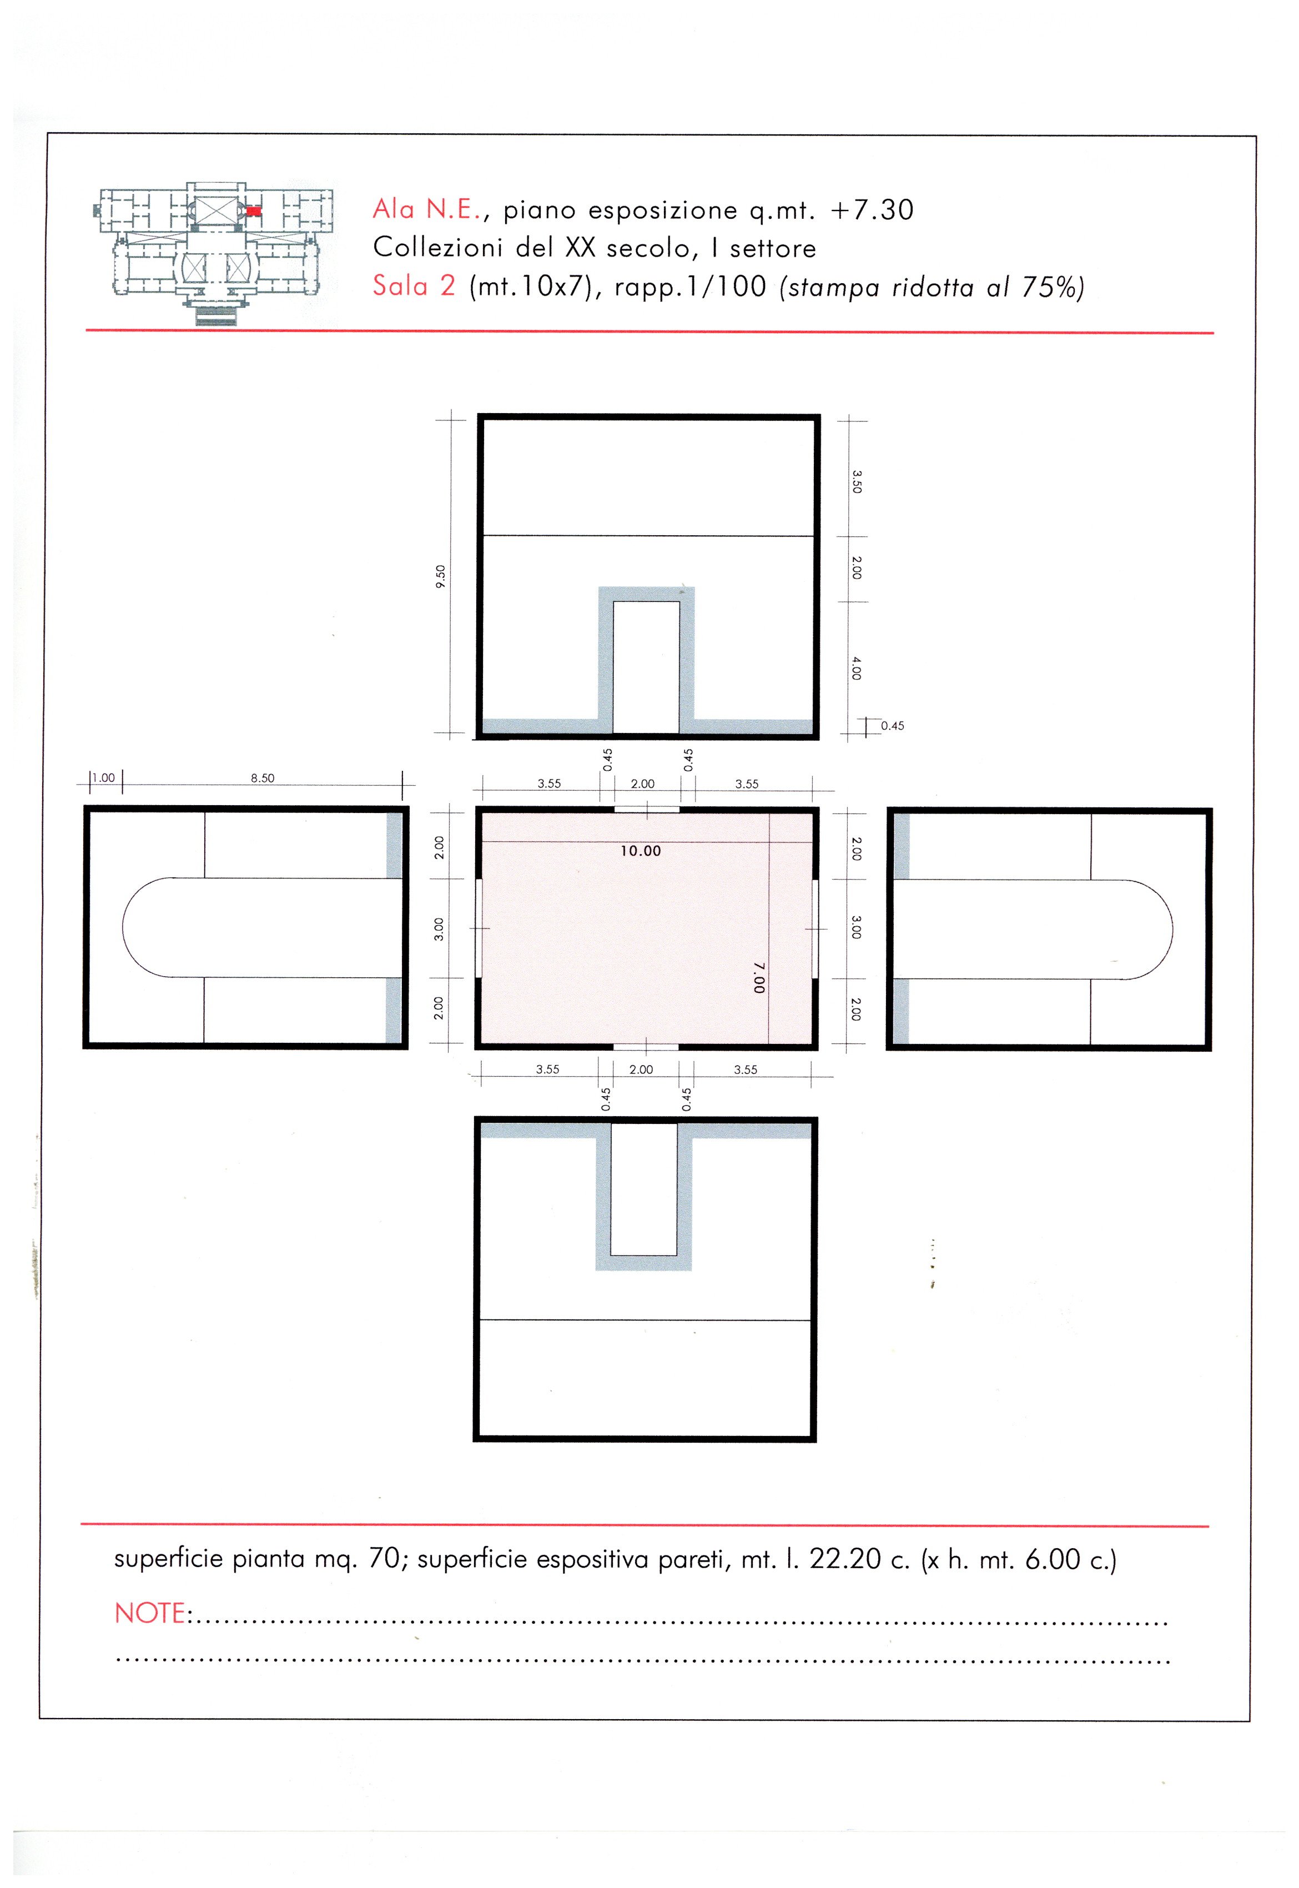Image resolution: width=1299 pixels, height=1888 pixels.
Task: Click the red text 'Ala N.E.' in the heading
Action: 426,209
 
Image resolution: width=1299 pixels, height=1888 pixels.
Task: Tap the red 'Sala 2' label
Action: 414,286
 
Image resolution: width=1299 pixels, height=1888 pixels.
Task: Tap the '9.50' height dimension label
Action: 440,576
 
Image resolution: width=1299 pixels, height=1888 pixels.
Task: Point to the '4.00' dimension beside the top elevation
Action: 856,669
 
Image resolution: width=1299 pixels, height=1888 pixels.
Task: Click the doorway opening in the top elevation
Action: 646,667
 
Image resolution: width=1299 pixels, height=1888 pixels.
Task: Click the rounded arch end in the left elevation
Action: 124,927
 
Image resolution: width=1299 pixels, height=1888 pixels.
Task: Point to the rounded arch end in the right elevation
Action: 1172,929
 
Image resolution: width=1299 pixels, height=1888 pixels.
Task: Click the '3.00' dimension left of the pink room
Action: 439,929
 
